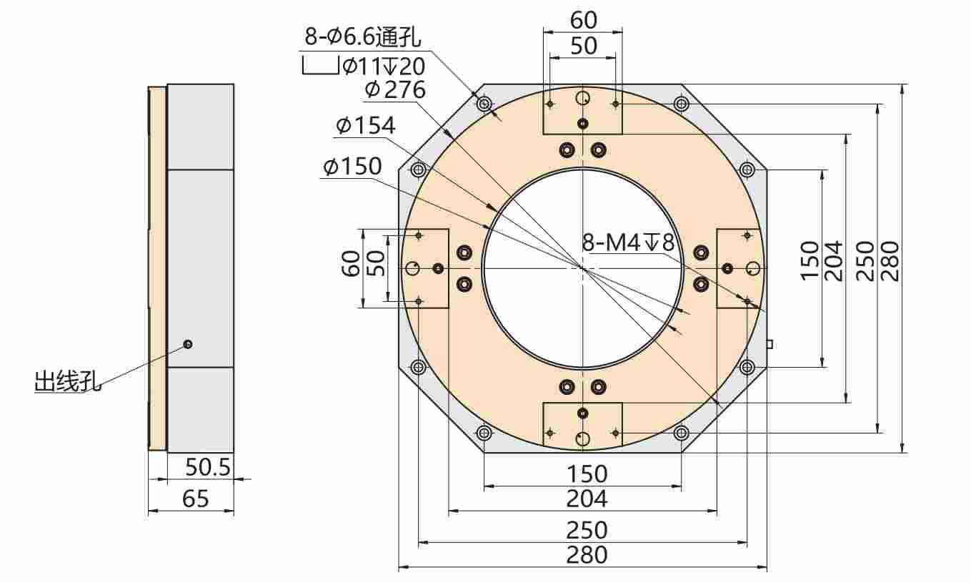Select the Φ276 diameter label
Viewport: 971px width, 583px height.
(x=394, y=89)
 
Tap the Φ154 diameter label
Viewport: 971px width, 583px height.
(x=365, y=126)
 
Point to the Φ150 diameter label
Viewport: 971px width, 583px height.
(x=352, y=167)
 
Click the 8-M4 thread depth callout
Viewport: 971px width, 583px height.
(x=627, y=242)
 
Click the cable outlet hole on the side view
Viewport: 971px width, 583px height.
(x=188, y=344)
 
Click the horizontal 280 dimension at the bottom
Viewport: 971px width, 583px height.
(x=586, y=554)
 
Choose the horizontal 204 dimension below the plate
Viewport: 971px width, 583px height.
(x=586, y=499)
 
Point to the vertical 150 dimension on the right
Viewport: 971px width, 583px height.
(x=810, y=261)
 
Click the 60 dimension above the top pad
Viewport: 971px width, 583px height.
(x=583, y=20)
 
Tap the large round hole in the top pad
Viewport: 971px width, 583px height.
(x=583, y=97)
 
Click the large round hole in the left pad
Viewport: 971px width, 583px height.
(x=412, y=268)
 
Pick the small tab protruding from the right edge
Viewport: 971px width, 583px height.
(x=769, y=344)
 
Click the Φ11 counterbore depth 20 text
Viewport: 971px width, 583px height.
(x=384, y=67)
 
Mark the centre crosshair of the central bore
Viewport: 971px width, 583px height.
(x=583, y=268)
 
